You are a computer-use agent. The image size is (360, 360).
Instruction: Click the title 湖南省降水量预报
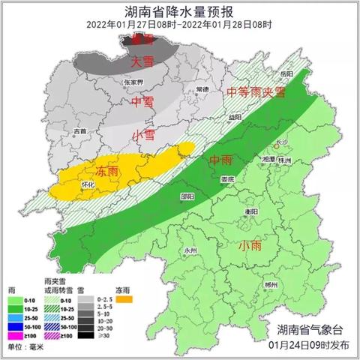[179, 10]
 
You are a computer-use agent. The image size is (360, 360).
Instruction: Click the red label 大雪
[142, 61]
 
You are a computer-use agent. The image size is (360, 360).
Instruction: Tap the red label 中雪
[142, 100]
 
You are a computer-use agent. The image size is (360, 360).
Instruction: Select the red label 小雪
[143, 135]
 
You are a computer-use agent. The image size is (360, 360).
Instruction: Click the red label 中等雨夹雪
[256, 92]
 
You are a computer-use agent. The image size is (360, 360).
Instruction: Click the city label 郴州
[271, 286]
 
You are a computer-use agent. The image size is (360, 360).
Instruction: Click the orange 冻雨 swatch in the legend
[124, 300]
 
